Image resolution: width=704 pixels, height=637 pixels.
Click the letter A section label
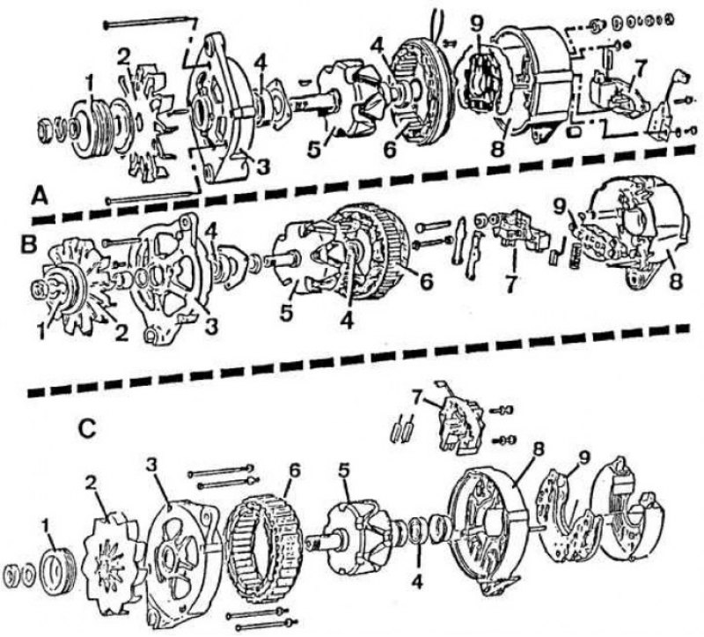pyautogui.click(x=40, y=196)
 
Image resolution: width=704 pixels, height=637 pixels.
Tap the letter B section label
pyautogui.click(x=30, y=246)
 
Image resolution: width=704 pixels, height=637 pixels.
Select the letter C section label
pyautogui.click(x=86, y=429)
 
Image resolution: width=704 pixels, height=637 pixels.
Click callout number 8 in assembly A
pyautogui.click(x=497, y=149)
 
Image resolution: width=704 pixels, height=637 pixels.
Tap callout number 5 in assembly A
pyautogui.click(x=314, y=149)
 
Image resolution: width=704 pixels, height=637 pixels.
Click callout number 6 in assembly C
pyautogui.click(x=295, y=472)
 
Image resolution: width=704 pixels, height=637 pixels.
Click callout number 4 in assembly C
pyautogui.click(x=417, y=582)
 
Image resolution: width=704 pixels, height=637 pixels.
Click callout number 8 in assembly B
pyautogui.click(x=675, y=281)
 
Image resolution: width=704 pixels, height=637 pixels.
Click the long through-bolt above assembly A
pyautogui.click(x=150, y=23)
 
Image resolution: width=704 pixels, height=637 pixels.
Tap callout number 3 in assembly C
pyautogui.click(x=151, y=466)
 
